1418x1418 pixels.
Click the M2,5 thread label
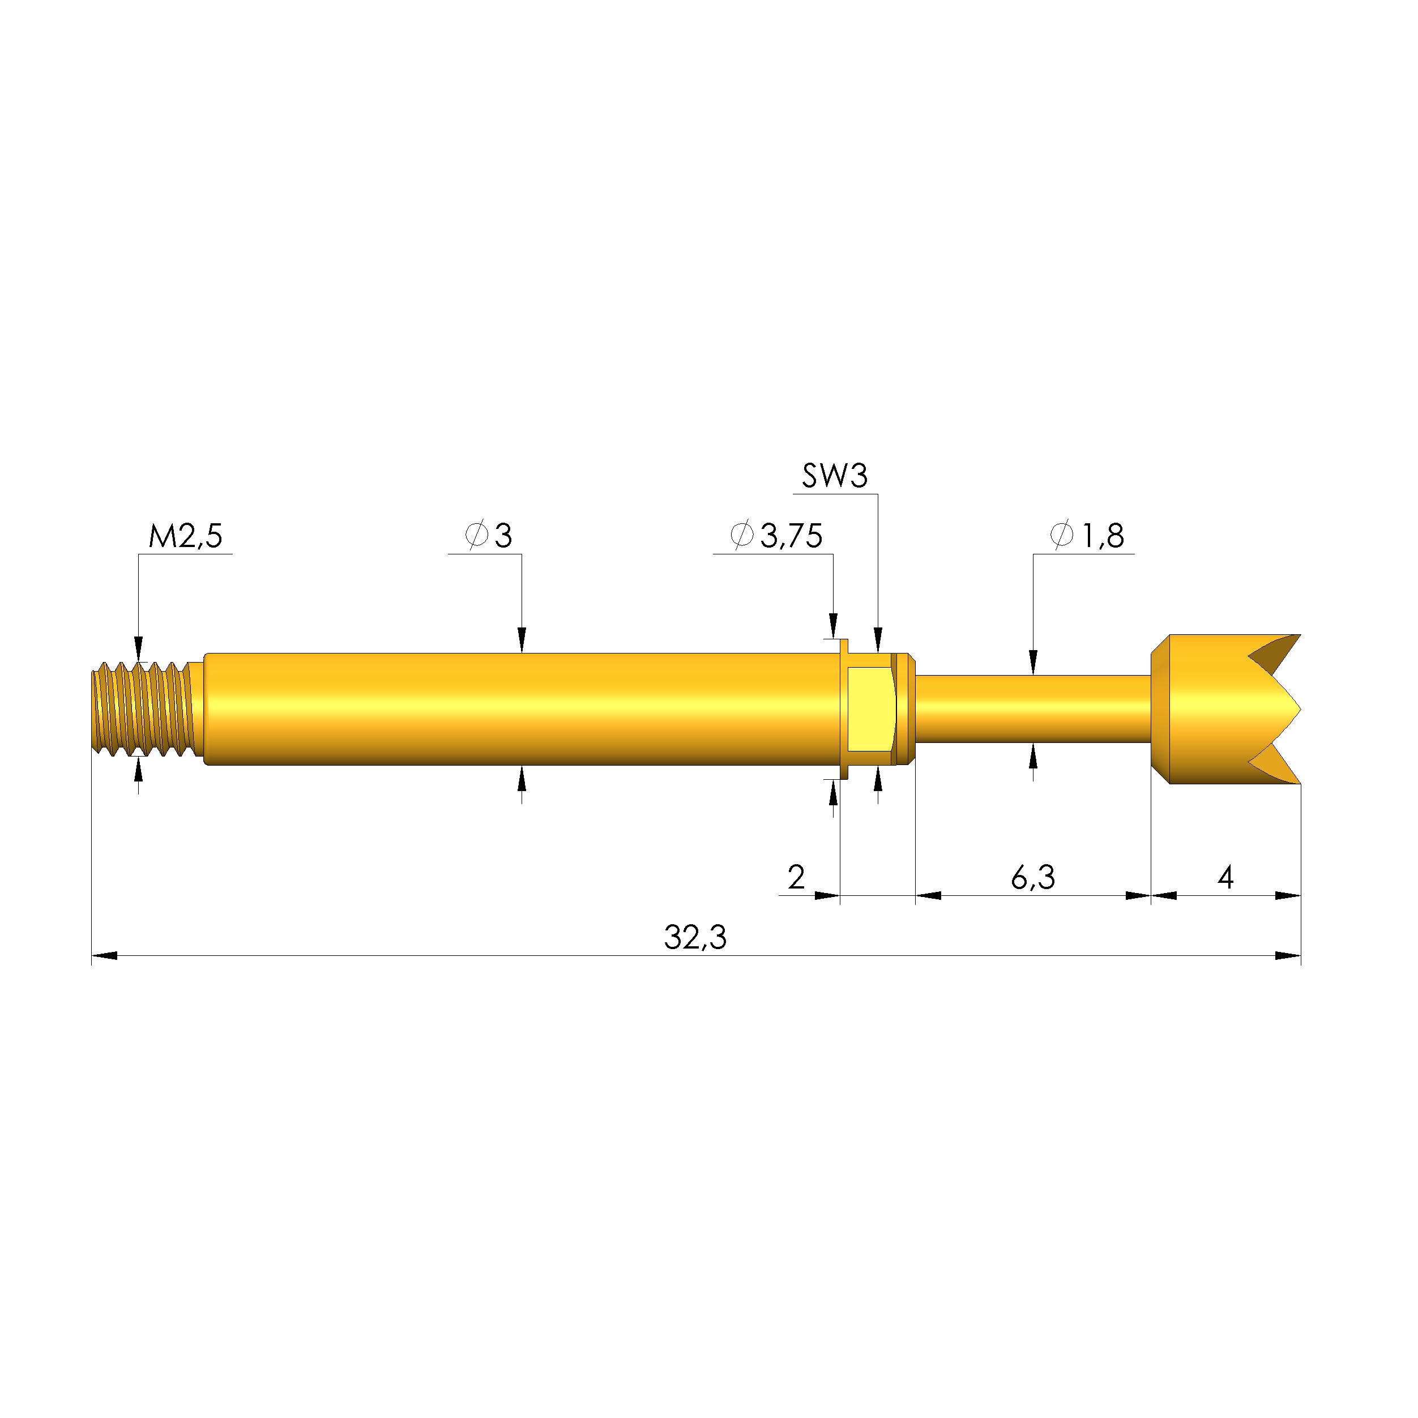point(185,536)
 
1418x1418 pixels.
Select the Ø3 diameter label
point(489,536)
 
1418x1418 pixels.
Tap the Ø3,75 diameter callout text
point(776,536)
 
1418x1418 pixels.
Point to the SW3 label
point(835,476)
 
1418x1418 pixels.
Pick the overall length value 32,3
point(695,938)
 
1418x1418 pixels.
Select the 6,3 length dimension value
point(1033,878)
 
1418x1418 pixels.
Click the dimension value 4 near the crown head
point(1225,878)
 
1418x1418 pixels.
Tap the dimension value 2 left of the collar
point(796,878)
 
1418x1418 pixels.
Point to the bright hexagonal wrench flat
point(870,709)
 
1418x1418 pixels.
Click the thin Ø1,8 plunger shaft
point(1033,709)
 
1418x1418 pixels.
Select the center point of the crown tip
point(1299,709)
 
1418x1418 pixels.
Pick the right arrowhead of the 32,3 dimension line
point(1289,955)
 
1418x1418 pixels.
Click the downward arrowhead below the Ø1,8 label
point(1033,663)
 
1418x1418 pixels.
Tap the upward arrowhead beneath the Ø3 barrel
point(522,778)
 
